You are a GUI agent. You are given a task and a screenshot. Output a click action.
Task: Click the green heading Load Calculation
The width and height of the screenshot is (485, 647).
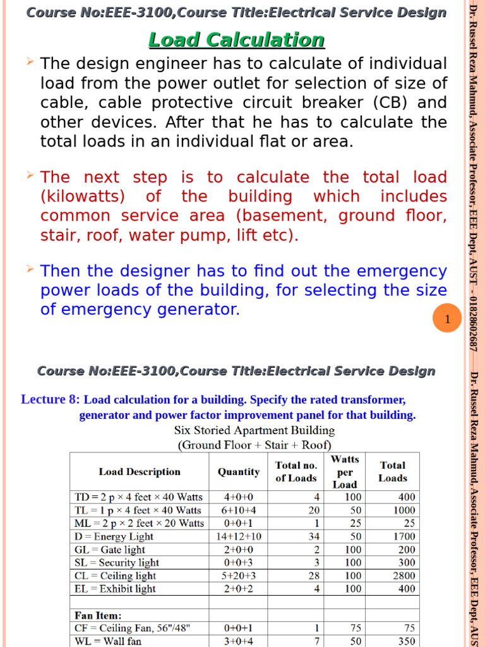tap(236, 40)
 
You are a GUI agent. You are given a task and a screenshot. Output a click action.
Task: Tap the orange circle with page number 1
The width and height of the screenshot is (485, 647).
tap(447, 320)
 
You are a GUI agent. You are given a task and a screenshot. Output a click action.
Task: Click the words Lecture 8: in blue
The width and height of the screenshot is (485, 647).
tap(51, 399)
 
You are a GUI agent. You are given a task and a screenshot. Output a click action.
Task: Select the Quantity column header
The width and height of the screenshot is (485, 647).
tap(238, 471)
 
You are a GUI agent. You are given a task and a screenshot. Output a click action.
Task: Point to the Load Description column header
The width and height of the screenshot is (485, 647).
tap(140, 471)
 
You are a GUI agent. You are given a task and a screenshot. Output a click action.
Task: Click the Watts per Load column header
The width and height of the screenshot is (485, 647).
tap(345, 471)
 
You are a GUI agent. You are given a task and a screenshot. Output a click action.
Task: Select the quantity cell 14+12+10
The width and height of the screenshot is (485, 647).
tap(238, 536)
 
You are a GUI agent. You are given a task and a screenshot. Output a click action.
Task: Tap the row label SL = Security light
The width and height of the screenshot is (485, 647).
tap(117, 562)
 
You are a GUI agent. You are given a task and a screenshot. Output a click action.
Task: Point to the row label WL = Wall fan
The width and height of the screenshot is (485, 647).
tap(108, 641)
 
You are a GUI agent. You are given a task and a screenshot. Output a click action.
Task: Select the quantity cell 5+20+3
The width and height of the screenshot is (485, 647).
tap(238, 576)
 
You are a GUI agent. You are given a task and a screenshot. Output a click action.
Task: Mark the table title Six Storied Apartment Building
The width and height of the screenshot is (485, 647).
tap(254, 430)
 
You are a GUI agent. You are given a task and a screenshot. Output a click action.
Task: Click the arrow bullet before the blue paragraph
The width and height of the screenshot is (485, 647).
tap(30, 270)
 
